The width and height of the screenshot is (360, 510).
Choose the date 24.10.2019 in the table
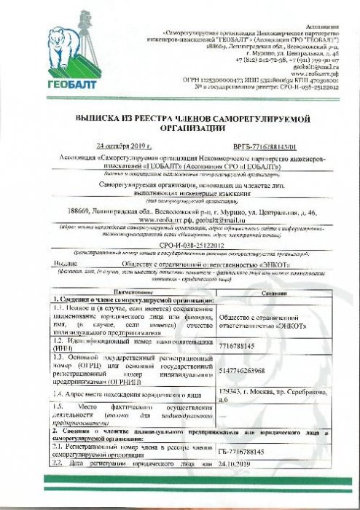point(235,463)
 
